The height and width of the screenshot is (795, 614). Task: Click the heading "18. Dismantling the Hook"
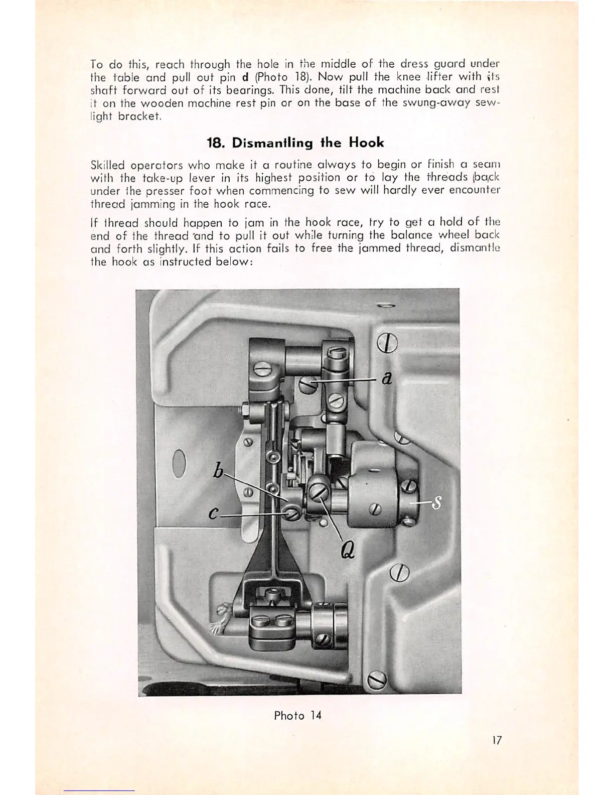pos(295,143)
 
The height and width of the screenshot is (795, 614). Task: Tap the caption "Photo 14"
pos(297,715)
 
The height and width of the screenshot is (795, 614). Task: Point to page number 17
pos(497,740)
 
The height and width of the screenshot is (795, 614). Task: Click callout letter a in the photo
pos(386,377)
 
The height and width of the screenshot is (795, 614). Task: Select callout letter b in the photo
pos(218,471)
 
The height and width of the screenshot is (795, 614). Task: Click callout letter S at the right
pos(437,502)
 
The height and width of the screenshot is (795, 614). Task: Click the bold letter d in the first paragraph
pos(246,77)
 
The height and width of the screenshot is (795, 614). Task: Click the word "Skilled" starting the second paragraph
pos(107,165)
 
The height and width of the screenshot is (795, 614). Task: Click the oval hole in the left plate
pos(179,464)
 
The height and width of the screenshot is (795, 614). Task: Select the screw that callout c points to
pos(292,513)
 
